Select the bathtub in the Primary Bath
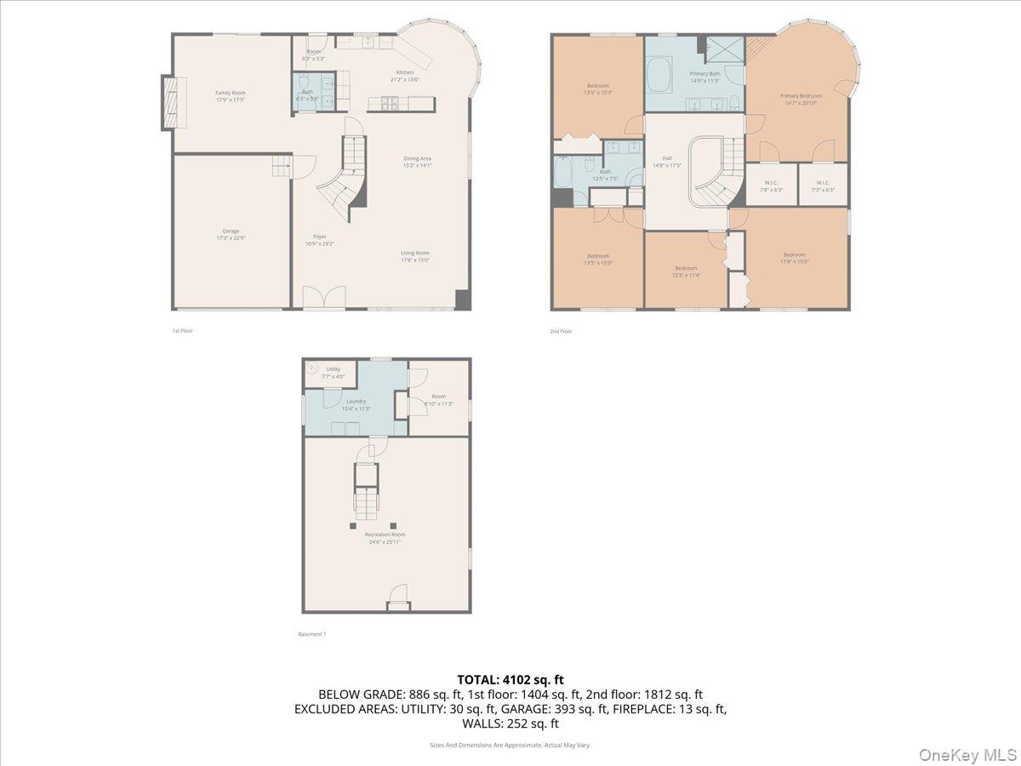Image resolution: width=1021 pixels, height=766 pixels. coord(659,76)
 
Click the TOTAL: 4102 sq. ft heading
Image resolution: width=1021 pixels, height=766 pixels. coord(510,679)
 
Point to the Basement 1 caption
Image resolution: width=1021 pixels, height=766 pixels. coord(311,634)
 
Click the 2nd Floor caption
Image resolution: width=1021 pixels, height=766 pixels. coord(562,331)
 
